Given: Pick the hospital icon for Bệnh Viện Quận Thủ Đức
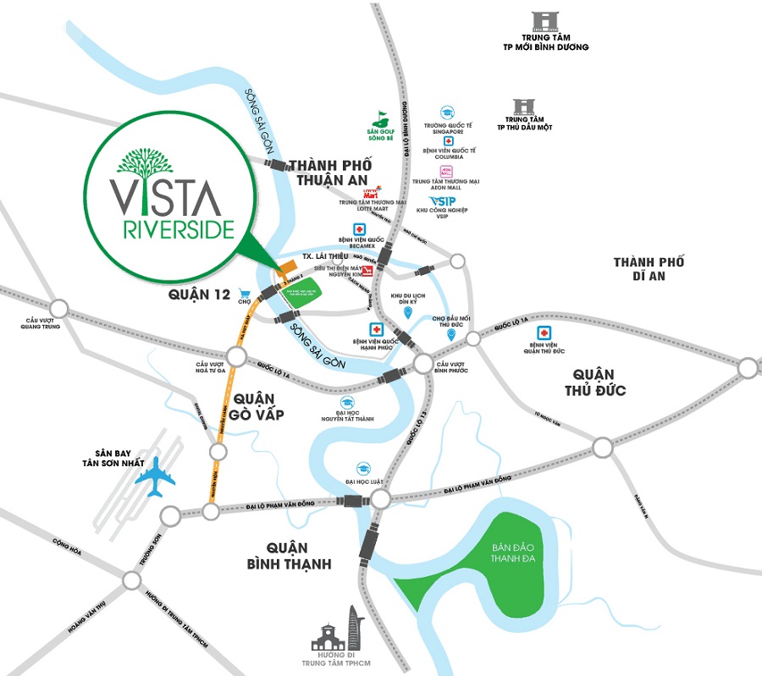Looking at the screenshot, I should (x=547, y=332).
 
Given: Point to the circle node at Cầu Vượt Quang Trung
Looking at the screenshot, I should (x=59, y=308).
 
